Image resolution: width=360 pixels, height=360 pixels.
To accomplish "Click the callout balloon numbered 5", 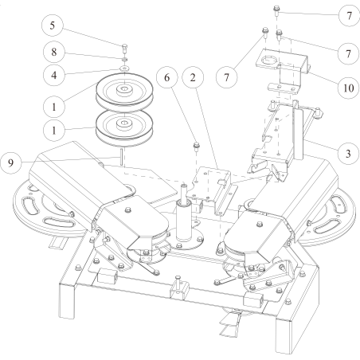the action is point(53,25).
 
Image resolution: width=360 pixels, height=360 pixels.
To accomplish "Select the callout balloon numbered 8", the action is point(54,52).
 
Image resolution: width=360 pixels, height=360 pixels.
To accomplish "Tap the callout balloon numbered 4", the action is point(54,75).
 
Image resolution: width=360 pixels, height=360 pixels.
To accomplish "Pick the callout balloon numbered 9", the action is point(10,162).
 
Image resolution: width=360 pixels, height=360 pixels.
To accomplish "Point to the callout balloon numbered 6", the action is point(167,77).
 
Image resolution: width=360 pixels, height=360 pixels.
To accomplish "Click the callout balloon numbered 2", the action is point(193,77).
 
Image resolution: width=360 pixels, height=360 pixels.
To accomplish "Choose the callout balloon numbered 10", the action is point(349,88).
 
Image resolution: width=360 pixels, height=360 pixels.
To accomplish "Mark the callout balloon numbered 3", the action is point(349,154).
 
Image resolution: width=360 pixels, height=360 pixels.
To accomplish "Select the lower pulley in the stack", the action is point(124,127).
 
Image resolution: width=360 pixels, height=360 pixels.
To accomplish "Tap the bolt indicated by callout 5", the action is point(124,49).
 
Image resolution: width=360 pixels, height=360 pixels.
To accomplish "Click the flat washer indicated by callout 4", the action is point(124,68).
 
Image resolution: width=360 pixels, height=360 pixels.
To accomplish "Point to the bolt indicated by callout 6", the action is point(197,147).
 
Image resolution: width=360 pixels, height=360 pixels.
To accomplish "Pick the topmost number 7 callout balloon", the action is point(350,16).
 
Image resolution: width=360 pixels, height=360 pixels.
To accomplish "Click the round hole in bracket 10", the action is point(268,61).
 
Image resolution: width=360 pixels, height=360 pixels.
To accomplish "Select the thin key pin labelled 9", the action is point(122,158).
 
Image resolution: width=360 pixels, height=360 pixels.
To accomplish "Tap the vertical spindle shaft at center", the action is point(184,213).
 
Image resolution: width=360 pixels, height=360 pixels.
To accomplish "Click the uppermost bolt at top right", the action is point(276,10).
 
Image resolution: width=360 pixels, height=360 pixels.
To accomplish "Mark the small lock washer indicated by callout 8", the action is point(124,59).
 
